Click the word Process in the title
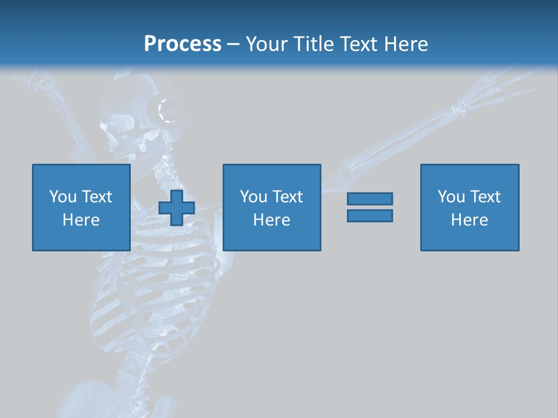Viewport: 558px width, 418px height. coord(183,44)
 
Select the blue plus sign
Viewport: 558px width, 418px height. coord(177,207)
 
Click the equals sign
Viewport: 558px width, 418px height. coord(370,207)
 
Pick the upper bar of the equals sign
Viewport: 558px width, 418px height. coord(370,199)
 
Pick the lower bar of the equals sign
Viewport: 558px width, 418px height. coord(370,215)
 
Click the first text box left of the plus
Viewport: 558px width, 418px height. coord(81,207)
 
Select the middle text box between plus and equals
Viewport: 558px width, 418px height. coord(272,207)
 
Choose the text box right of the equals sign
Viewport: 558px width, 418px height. coord(470,207)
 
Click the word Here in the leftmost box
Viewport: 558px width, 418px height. coord(81,220)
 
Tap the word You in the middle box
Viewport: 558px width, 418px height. coord(253,197)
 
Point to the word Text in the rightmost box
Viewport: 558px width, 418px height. coord(485,197)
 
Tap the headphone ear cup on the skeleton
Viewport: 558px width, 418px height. coord(166,110)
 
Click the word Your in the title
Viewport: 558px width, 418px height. coord(267,44)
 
